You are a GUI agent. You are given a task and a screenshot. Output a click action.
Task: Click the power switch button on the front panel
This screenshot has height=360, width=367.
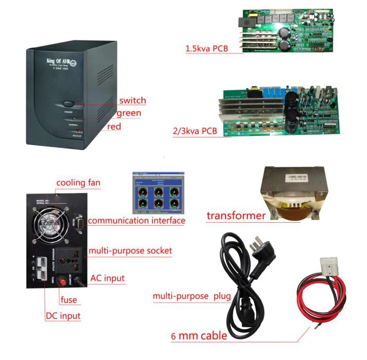[68, 104]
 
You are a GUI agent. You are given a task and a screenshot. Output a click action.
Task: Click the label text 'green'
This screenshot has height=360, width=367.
[129, 113]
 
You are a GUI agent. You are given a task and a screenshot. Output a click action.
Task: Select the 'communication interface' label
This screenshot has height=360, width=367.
[136, 221]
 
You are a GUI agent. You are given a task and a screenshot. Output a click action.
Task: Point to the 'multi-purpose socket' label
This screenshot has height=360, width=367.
[130, 251]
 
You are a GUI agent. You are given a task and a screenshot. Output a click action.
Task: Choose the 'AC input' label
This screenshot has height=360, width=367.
[107, 278]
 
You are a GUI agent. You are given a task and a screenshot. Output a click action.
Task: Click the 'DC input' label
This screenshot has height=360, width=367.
[63, 316]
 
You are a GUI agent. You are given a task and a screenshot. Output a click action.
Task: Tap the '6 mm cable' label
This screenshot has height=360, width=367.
[199, 336]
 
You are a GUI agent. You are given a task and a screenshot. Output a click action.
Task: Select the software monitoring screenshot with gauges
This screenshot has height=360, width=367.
[158, 193]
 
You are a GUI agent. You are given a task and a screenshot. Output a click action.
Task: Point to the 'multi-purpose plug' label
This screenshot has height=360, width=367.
[185, 297]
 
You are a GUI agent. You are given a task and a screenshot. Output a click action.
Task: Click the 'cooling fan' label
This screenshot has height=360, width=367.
[78, 183]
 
